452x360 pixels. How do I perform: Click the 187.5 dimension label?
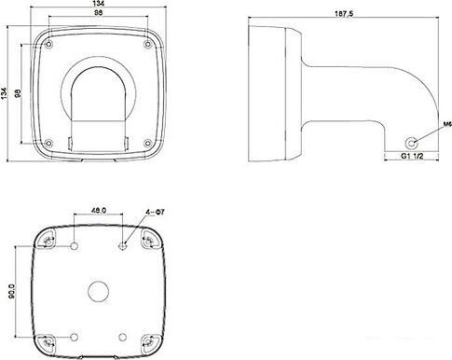click(345, 14)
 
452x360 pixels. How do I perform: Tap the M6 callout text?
click(447, 124)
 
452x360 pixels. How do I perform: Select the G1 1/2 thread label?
click(412, 156)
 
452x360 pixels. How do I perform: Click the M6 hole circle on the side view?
click(412, 144)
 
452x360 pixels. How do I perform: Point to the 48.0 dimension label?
click(99, 211)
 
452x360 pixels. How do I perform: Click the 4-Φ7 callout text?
click(155, 212)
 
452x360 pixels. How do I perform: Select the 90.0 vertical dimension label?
click(12, 291)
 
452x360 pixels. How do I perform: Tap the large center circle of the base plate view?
click(99, 291)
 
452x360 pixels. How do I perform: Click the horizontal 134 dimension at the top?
click(99, 4)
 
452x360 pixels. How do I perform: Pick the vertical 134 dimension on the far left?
click(4, 93)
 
